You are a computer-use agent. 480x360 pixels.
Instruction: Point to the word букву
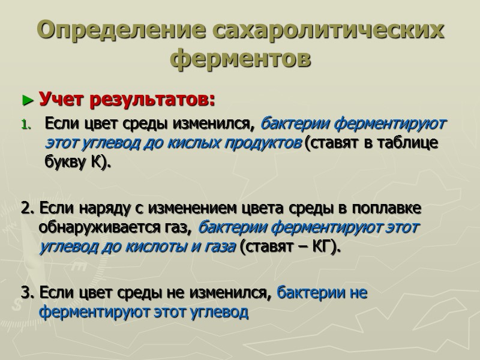[64, 164]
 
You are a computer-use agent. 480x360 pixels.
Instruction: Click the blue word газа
[217, 247]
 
